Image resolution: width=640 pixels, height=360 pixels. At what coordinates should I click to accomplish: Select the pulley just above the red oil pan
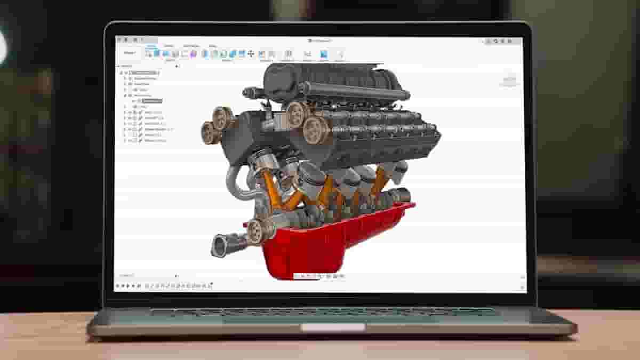[x=257, y=230]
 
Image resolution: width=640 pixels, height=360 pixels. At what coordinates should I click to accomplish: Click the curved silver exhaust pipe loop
[x=233, y=184]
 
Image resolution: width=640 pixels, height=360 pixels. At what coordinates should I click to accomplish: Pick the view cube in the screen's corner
[x=509, y=81]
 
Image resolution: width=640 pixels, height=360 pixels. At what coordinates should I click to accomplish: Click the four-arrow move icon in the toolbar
[x=251, y=54]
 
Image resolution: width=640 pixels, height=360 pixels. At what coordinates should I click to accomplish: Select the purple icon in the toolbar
[x=194, y=54]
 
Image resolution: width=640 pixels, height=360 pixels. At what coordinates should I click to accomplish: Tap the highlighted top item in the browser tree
[x=144, y=73]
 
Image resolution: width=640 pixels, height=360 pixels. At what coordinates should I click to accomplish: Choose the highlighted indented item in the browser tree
[x=152, y=100]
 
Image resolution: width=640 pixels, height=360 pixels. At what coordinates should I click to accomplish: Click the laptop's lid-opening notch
[x=333, y=327]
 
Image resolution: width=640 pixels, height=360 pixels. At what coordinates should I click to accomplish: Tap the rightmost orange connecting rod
[x=380, y=181]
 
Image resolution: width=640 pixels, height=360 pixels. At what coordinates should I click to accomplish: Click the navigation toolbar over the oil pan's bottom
[x=319, y=276]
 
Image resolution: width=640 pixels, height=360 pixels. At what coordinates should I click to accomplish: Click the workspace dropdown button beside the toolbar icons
[x=130, y=53]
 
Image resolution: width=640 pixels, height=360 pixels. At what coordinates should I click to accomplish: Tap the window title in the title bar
[x=320, y=41]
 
